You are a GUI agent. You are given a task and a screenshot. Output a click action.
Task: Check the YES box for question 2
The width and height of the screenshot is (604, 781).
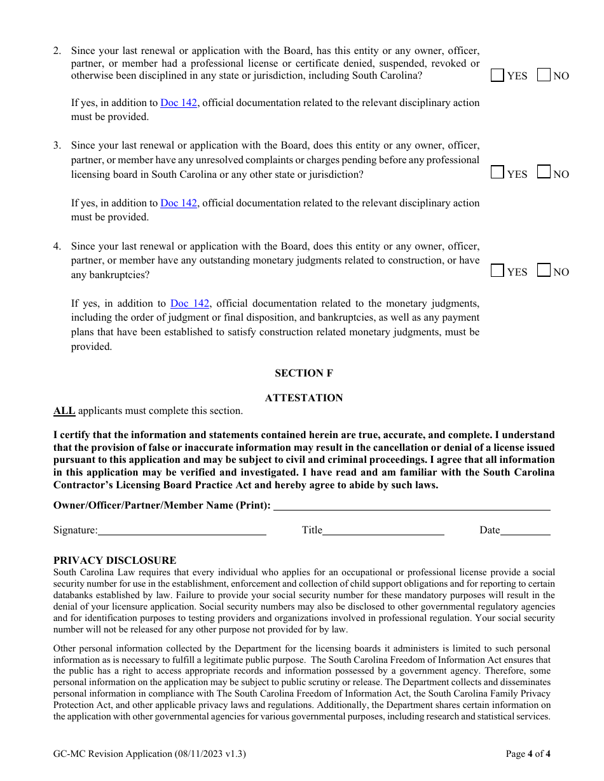click(497, 75)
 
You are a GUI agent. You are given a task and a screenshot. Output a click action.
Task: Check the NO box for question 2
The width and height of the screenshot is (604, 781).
click(544, 75)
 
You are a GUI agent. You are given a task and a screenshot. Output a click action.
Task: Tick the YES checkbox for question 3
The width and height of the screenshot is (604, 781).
click(497, 173)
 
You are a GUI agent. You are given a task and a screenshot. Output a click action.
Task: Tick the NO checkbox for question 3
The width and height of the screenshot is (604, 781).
click(544, 172)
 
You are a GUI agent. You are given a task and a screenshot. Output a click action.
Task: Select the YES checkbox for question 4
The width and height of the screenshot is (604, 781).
click(497, 270)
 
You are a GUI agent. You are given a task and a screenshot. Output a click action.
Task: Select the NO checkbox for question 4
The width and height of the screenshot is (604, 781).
click(544, 270)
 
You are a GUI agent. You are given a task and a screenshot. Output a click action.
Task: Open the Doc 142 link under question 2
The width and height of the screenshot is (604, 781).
click(179, 103)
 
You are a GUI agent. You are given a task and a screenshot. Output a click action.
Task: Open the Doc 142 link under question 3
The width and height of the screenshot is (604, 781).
click(179, 203)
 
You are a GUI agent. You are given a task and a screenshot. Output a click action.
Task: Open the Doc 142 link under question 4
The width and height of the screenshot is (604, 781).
click(189, 304)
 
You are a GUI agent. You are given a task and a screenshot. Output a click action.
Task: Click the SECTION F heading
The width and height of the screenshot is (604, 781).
click(303, 373)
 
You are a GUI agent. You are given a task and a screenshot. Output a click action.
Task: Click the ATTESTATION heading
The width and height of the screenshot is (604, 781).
click(303, 398)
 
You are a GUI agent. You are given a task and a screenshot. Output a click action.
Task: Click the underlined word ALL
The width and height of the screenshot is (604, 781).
click(64, 411)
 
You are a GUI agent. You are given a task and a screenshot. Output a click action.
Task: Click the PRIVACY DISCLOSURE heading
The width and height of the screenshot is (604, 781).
click(114, 561)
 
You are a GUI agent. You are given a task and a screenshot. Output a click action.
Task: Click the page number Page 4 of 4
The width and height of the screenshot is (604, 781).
click(528, 754)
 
